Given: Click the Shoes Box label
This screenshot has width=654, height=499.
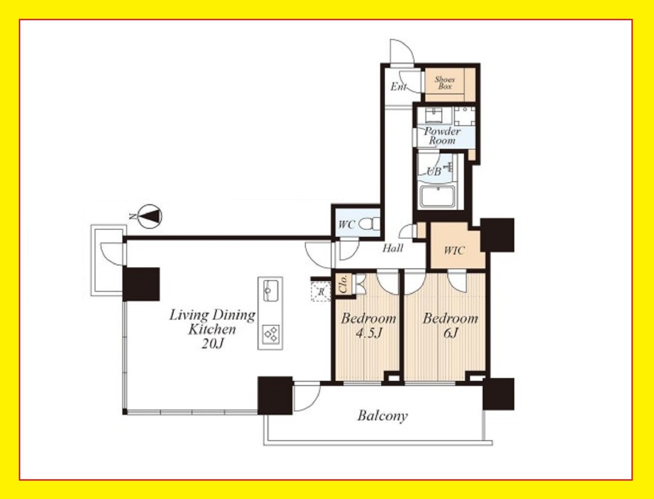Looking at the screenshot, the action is pyautogui.click(x=445, y=83).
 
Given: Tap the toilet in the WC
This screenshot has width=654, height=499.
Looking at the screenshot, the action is pyautogui.click(x=370, y=224).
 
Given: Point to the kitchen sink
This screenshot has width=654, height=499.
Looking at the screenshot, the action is pyautogui.click(x=270, y=290).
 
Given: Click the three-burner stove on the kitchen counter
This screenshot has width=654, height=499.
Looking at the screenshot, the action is pyautogui.click(x=270, y=334).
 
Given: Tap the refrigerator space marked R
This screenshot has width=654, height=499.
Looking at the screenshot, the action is pyautogui.click(x=320, y=292).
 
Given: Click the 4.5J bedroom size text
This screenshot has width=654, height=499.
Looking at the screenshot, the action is pyautogui.click(x=369, y=333).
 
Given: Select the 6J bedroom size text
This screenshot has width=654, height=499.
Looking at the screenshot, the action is pyautogui.click(x=450, y=333).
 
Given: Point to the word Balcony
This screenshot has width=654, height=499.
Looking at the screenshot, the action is pyautogui.click(x=382, y=416).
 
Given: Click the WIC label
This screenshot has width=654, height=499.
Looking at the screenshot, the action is pyautogui.click(x=454, y=251).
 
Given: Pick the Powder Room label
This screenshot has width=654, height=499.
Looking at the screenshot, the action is pyautogui.click(x=442, y=136).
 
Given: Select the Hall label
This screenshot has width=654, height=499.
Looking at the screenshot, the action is pyautogui.click(x=393, y=248).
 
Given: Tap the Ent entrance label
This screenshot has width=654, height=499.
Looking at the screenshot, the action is pyautogui.click(x=399, y=87).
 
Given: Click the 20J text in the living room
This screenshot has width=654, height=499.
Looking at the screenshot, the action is pyautogui.click(x=213, y=344).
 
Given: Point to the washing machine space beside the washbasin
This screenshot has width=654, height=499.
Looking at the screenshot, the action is pyautogui.click(x=464, y=116).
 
